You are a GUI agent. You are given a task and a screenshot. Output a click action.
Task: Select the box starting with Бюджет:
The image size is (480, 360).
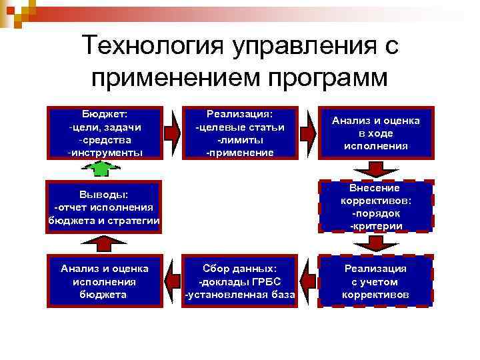(104, 132)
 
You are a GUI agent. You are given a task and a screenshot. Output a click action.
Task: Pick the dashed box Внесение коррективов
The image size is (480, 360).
(376, 206)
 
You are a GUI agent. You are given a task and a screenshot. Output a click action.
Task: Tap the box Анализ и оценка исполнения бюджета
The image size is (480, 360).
(104, 281)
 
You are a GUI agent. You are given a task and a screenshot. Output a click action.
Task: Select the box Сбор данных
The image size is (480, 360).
(240, 281)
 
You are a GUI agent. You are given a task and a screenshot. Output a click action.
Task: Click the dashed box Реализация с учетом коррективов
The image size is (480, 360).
(376, 281)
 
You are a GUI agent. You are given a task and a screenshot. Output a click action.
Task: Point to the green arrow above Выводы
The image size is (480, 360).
(101, 169)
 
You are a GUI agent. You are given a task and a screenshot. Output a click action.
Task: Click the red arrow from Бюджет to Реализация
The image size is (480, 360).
(173, 132)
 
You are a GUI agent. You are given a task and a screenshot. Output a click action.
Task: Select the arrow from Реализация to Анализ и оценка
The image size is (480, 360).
(307, 132)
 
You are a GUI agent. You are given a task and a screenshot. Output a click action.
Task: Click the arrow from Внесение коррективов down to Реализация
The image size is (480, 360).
(375, 243)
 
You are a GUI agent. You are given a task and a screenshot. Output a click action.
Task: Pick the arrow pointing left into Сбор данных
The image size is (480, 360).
(307, 281)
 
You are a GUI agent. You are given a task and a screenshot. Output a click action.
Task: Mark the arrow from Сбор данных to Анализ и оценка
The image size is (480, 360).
(173, 281)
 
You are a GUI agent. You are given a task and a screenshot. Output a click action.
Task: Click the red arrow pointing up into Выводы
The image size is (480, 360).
(101, 244)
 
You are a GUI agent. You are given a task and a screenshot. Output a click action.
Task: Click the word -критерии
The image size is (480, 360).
(376, 226)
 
